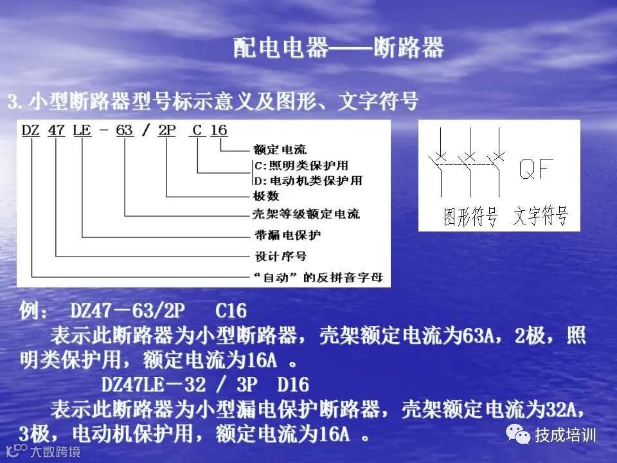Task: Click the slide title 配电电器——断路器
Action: click(x=338, y=49)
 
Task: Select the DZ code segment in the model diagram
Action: click(x=31, y=131)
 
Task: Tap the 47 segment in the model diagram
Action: click(x=57, y=131)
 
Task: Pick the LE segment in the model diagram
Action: click(x=83, y=131)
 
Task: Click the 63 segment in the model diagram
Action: click(x=124, y=131)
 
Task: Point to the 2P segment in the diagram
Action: click(x=167, y=131)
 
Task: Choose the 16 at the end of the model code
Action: click(x=219, y=131)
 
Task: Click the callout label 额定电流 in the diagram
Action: click(x=280, y=150)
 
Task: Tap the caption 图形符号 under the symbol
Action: click(x=471, y=217)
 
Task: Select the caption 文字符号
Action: click(x=541, y=217)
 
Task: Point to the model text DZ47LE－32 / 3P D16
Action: click(x=205, y=385)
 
